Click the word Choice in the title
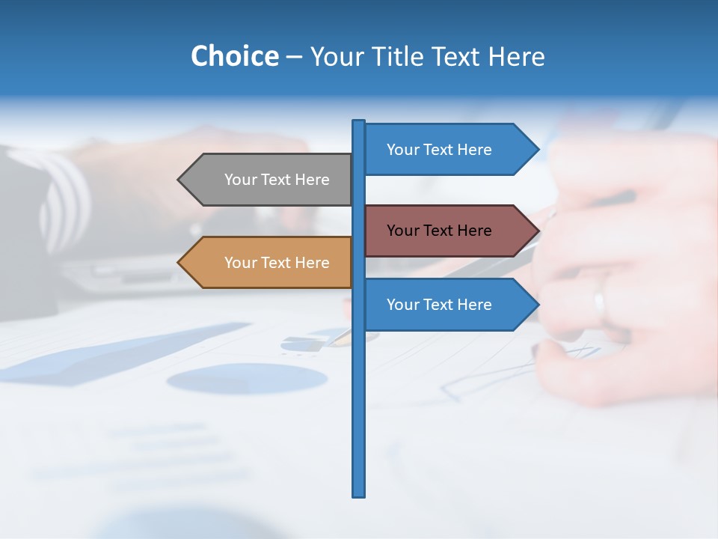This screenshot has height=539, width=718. (x=234, y=56)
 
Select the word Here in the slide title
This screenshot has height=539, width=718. (x=517, y=56)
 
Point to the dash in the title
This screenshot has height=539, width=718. (x=294, y=57)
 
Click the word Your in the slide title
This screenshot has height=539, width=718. (x=337, y=56)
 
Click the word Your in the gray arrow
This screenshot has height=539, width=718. (x=240, y=180)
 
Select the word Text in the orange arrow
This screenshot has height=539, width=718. (x=276, y=263)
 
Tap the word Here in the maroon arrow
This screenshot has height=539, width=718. (x=474, y=231)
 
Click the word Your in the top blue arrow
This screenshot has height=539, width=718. (x=402, y=150)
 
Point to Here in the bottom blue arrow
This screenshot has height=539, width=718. (x=474, y=305)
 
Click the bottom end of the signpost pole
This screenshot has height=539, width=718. (x=359, y=494)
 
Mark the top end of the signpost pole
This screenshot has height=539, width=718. (x=359, y=122)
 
